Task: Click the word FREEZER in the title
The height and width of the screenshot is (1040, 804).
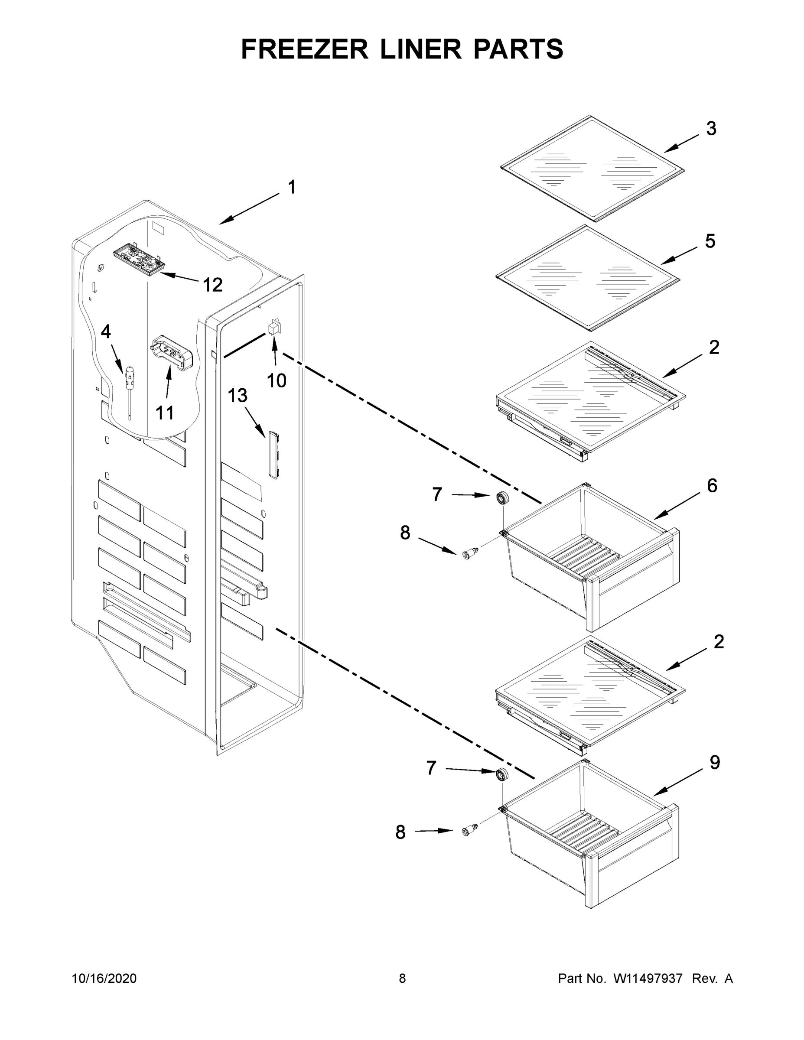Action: (x=304, y=49)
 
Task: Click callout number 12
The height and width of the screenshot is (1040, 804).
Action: (x=212, y=285)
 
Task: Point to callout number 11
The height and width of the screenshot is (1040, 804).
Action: (x=165, y=413)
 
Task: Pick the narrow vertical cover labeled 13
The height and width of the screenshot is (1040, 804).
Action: (x=273, y=454)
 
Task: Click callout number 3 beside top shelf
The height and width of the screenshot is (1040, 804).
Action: (x=711, y=129)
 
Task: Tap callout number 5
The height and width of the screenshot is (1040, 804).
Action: (x=710, y=241)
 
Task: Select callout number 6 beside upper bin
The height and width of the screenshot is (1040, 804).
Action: (x=712, y=486)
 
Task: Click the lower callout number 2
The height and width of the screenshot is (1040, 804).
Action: (x=718, y=641)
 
